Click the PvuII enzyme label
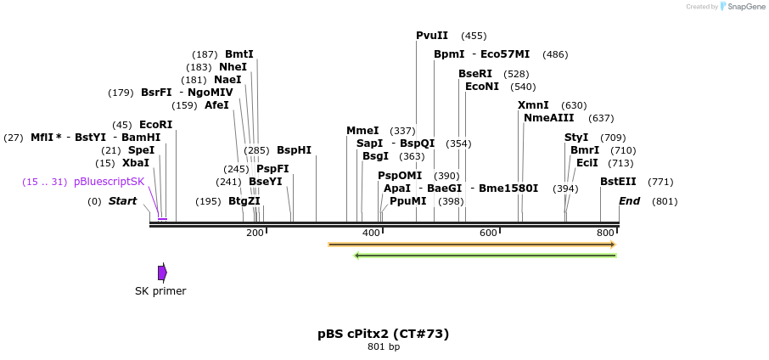coord(432,36)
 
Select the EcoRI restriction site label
coord(155,125)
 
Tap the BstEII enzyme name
coord(618,182)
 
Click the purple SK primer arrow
coord(162,273)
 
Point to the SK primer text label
coord(160,291)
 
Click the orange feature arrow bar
coord(471,245)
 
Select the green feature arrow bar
coord(485,255)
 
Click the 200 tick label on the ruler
coord(255,233)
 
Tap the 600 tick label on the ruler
coord(488,233)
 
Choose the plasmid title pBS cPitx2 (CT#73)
coord(384,334)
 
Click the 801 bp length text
coord(384,346)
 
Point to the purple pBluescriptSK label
coord(109,182)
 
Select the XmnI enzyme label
coord(533,105)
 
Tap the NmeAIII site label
coord(549,118)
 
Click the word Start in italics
coord(122,201)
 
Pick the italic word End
coord(629,201)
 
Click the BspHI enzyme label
coord(294,150)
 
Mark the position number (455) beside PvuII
coord(474,36)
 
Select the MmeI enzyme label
coord(362,131)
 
